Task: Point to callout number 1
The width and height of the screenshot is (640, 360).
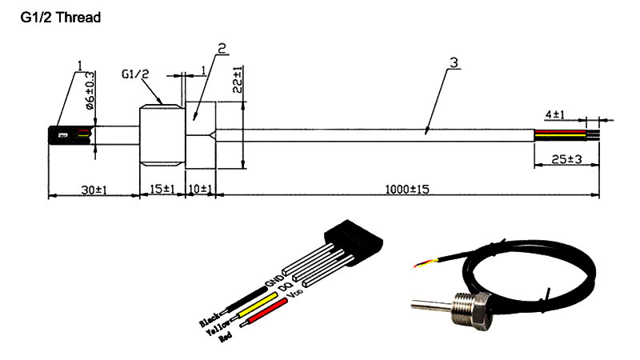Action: (x=81, y=63)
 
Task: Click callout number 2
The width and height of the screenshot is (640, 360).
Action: (x=222, y=48)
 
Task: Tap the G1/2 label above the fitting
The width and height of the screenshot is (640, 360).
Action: (x=136, y=74)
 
